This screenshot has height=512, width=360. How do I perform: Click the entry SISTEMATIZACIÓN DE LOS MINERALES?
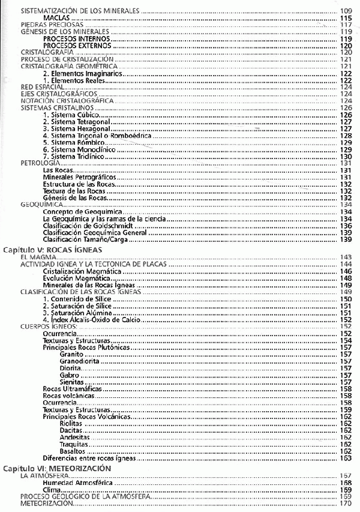(80, 11)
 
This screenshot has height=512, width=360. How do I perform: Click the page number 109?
(346, 11)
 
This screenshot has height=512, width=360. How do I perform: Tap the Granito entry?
(71, 354)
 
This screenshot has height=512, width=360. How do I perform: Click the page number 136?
(346, 226)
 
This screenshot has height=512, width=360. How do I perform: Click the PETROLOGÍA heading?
(40, 163)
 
